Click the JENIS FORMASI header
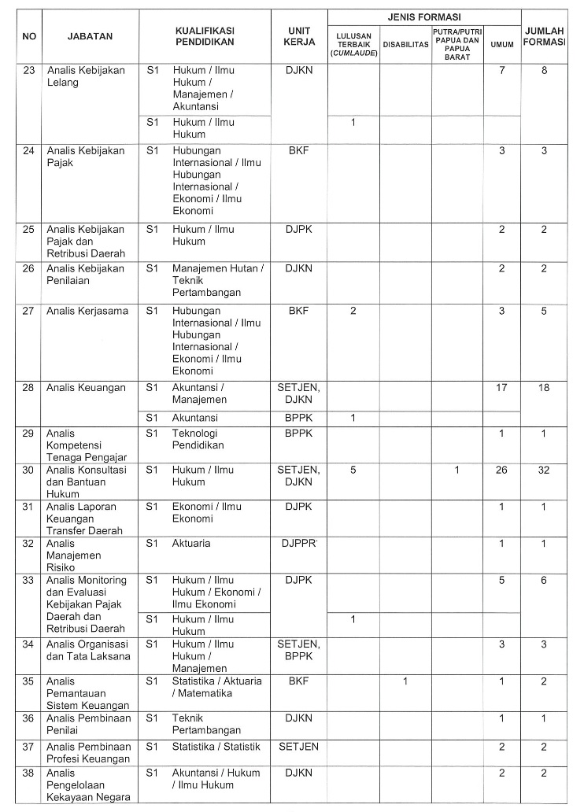[x=424, y=16]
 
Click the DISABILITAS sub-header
[x=405, y=45]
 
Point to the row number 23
[x=28, y=71]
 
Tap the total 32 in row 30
[x=544, y=470]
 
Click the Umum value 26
[x=501, y=470]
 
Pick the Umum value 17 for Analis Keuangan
[x=501, y=388]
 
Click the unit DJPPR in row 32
[x=298, y=544]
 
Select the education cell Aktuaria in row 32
[x=191, y=544]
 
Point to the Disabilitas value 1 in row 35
[x=405, y=681]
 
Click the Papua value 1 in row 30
[x=456, y=470]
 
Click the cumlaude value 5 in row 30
[x=353, y=470]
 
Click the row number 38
[x=28, y=773]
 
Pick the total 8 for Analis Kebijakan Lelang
[x=544, y=71]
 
